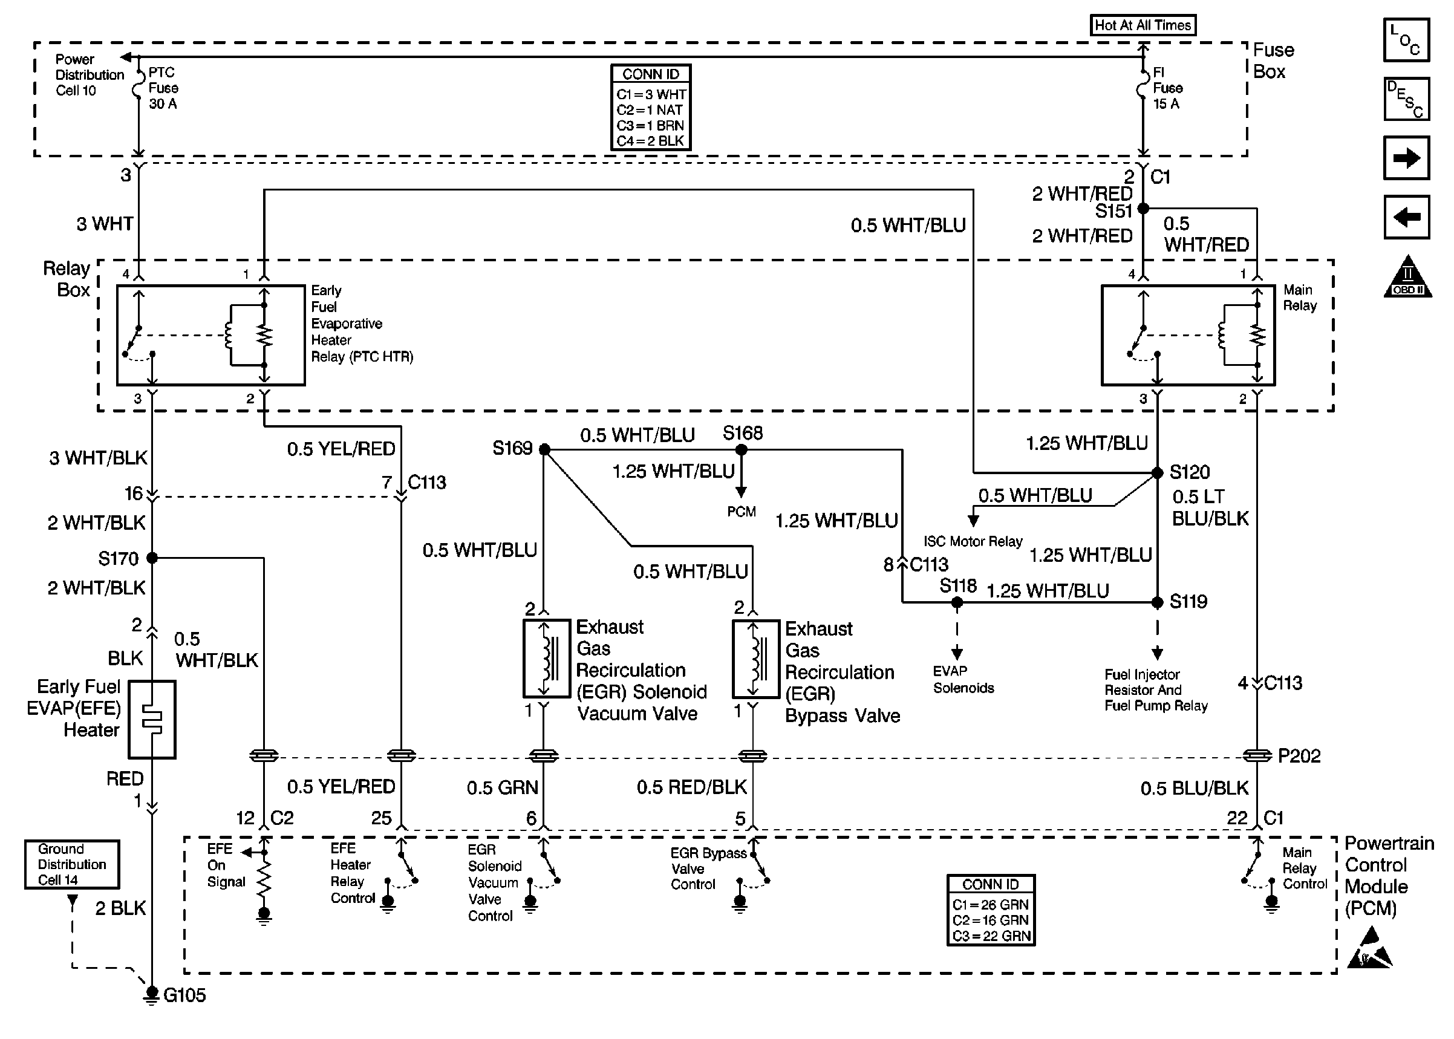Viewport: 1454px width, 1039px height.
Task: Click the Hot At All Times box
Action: pos(1143,25)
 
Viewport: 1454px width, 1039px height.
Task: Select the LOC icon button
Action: pos(1406,41)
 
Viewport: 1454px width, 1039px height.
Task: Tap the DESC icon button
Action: pos(1406,99)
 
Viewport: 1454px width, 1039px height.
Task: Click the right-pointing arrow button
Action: pos(1406,158)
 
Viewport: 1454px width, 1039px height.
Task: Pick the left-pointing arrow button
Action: pos(1406,217)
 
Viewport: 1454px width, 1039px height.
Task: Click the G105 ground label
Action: pos(184,995)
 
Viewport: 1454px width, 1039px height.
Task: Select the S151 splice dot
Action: pos(1143,209)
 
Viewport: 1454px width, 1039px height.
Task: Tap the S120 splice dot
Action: pos(1157,474)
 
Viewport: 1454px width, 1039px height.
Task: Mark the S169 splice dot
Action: pos(544,450)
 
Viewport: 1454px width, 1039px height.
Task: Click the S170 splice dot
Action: pos(152,558)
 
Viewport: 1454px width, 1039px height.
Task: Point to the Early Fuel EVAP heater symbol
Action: pos(152,719)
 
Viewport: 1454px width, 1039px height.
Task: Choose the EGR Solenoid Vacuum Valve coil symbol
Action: pos(546,659)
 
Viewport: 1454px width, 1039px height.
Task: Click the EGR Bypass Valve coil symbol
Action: pos(755,659)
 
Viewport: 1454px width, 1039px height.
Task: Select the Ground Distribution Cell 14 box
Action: pos(71,864)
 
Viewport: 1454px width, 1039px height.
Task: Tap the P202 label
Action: pos(1299,756)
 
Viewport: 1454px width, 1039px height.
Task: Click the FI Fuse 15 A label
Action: pos(1167,88)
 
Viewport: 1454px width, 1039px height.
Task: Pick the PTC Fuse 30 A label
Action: pos(163,88)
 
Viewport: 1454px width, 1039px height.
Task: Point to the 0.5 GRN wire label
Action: pos(502,787)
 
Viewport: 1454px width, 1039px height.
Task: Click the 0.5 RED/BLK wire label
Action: pos(691,787)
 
